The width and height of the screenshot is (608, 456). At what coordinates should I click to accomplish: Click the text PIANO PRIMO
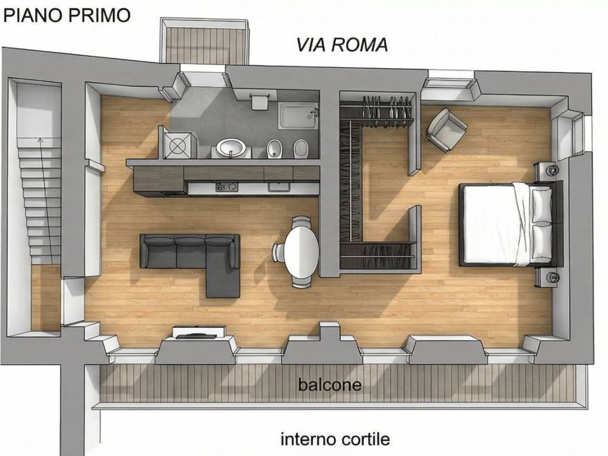[66, 15]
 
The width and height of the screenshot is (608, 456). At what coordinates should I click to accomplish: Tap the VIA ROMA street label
[342, 45]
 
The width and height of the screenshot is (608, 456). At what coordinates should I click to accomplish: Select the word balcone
[330, 385]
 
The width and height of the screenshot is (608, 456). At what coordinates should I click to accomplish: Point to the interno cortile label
[335, 439]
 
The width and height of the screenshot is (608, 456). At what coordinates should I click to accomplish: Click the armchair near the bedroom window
[446, 129]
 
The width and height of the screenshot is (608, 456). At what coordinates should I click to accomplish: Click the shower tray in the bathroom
[297, 116]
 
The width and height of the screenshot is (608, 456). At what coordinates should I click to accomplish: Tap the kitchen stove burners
[226, 188]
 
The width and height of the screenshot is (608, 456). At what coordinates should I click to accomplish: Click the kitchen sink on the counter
[278, 188]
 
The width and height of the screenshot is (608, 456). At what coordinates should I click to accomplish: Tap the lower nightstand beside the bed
[547, 277]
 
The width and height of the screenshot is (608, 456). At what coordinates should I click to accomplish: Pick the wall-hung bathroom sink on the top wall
[259, 102]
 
